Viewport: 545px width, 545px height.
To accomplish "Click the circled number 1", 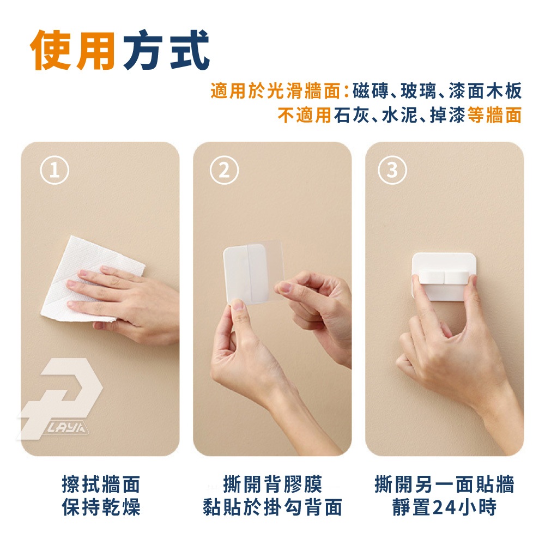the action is (55, 170).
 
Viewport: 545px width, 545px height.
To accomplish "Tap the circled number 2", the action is (224, 170).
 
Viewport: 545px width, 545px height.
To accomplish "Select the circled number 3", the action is (392, 170).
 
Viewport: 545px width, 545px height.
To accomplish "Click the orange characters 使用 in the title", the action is (72, 50).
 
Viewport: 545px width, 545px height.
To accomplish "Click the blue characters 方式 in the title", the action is (166, 50).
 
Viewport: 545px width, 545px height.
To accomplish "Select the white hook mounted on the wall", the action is (444, 276).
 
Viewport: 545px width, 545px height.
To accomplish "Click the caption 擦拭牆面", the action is (101, 484).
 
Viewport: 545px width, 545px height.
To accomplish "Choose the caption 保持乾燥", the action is (101, 507).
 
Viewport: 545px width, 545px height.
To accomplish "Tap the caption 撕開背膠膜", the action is (272, 484).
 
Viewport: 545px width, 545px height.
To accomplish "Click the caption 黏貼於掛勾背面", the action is (272, 507).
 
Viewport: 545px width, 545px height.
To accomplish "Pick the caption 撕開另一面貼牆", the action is (444, 484).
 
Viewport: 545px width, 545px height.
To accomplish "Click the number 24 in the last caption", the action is (445, 507).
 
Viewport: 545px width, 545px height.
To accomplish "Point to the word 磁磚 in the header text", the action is (370, 91).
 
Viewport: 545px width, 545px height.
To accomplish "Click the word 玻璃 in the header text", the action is (419, 91).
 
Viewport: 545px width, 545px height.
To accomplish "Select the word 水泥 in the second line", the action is (399, 115).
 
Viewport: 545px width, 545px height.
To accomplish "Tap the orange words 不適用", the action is (304, 115).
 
